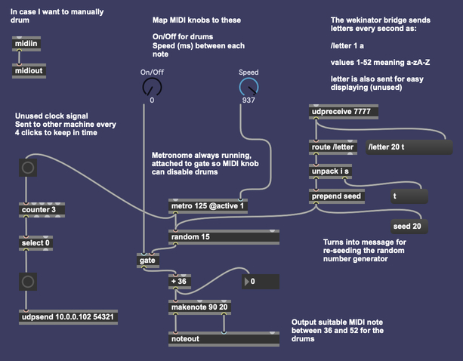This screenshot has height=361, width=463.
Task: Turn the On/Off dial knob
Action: coord(152,85)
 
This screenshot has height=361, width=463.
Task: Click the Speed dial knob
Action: coord(248,85)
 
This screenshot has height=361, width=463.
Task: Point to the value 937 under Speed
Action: coord(248,100)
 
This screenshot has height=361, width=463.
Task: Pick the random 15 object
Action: coord(224,236)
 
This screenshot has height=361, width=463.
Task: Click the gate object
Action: coord(147,260)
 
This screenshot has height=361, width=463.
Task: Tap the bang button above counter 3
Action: coord(28,168)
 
